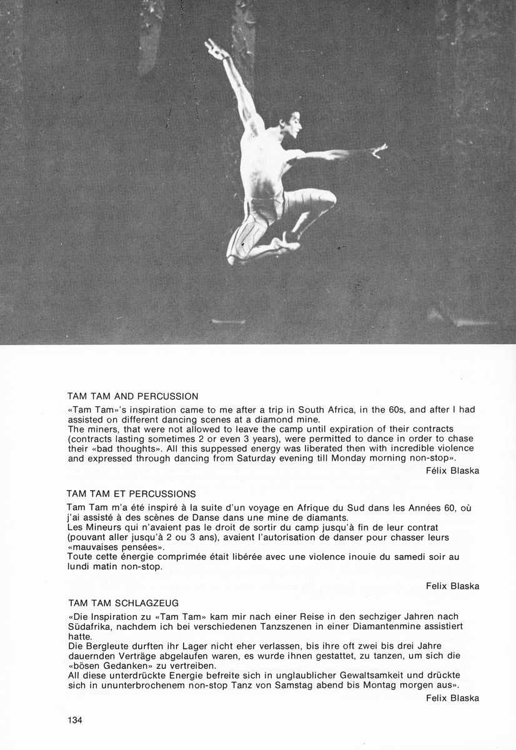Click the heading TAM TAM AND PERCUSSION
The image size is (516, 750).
[x=132, y=396]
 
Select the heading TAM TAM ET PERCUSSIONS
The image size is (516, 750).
[x=131, y=494]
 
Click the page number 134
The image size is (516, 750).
[x=75, y=719]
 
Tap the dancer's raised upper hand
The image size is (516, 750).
[x=214, y=48]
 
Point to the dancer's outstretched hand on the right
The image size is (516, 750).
[x=379, y=150]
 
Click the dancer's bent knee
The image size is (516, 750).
[x=326, y=199]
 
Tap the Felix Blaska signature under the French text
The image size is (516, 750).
[x=453, y=586]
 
